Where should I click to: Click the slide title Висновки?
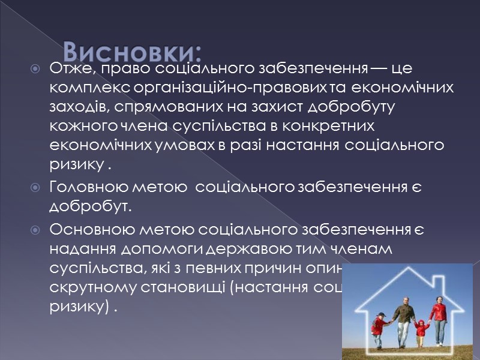pyautogui.click(x=133, y=49)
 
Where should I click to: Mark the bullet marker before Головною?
pyautogui.click(x=36, y=188)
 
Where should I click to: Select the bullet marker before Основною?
pyautogui.click(x=36, y=230)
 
